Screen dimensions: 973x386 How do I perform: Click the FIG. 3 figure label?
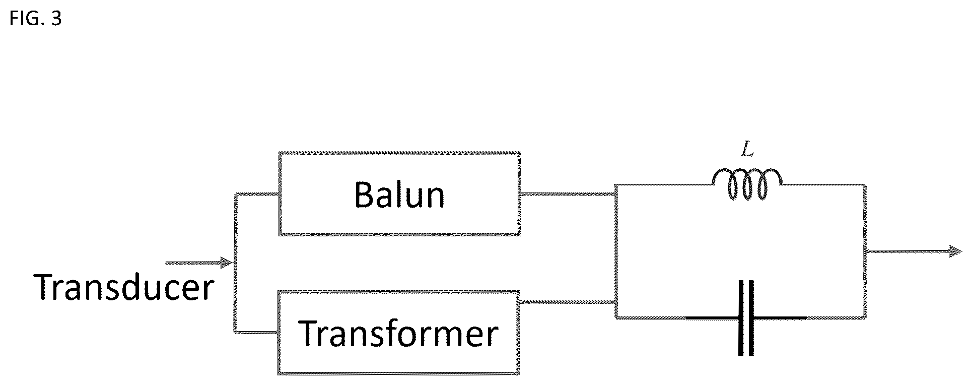coord(35,19)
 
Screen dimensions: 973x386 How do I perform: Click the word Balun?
coord(399,195)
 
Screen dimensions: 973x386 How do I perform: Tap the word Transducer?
coord(124,287)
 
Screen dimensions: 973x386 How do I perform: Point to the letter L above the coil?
coord(748,150)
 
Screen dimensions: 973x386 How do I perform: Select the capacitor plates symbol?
coord(746,318)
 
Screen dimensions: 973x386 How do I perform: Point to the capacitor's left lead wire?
coord(712,318)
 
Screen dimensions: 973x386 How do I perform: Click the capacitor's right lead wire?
coord(781,318)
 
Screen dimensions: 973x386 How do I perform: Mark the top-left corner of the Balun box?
coord(280,153)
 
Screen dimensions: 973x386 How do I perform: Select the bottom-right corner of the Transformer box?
coord(518,373)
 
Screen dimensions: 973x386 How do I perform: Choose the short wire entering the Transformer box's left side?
coord(256,332)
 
